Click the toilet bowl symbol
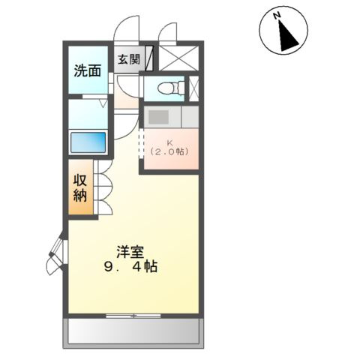(x=172, y=88)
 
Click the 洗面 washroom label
(x=87, y=71)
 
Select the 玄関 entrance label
(x=128, y=59)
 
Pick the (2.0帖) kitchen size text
(x=169, y=151)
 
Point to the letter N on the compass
(x=277, y=16)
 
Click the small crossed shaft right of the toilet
(x=193, y=88)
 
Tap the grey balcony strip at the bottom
(x=133, y=330)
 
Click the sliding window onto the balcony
(x=133, y=315)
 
